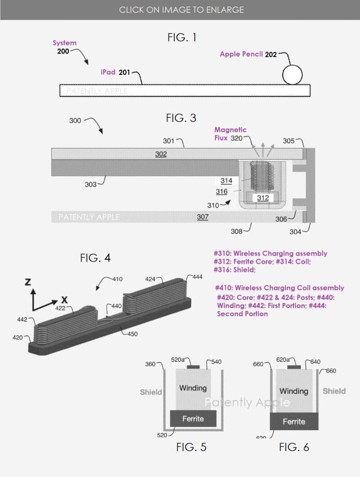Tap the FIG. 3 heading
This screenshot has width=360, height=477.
click(x=181, y=118)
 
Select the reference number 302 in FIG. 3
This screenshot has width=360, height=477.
click(x=161, y=154)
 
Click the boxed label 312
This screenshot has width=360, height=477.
click(x=263, y=198)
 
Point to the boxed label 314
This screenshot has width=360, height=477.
click(x=226, y=181)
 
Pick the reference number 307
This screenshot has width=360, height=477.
click(x=202, y=217)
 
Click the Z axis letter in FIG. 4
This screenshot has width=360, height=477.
click(x=28, y=282)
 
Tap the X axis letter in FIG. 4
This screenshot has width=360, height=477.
click(x=64, y=300)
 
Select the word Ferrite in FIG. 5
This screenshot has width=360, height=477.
click(x=193, y=419)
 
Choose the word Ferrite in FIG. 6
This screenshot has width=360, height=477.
click(x=294, y=422)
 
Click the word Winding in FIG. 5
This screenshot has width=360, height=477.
click(x=193, y=388)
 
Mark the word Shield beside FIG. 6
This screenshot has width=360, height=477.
click(x=334, y=391)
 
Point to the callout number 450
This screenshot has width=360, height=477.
click(x=132, y=334)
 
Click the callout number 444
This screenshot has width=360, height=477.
click(x=198, y=277)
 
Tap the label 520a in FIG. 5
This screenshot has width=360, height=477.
click(x=178, y=359)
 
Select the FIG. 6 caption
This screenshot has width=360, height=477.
click(x=294, y=447)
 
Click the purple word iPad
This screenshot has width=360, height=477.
click(x=108, y=72)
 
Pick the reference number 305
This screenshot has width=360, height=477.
click(x=288, y=141)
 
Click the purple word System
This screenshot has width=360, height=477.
click(x=64, y=43)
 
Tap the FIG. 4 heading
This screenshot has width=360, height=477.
click(x=95, y=258)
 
